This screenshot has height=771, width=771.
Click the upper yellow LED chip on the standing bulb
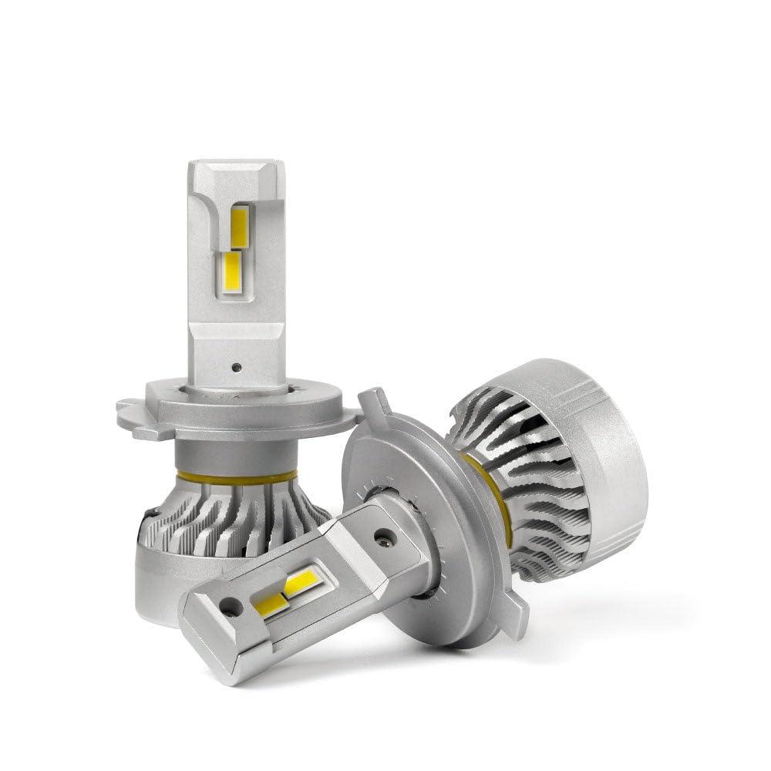[x=240, y=227]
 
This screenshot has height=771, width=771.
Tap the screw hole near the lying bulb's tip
[x=231, y=606]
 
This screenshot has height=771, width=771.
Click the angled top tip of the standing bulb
[x=231, y=173]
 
